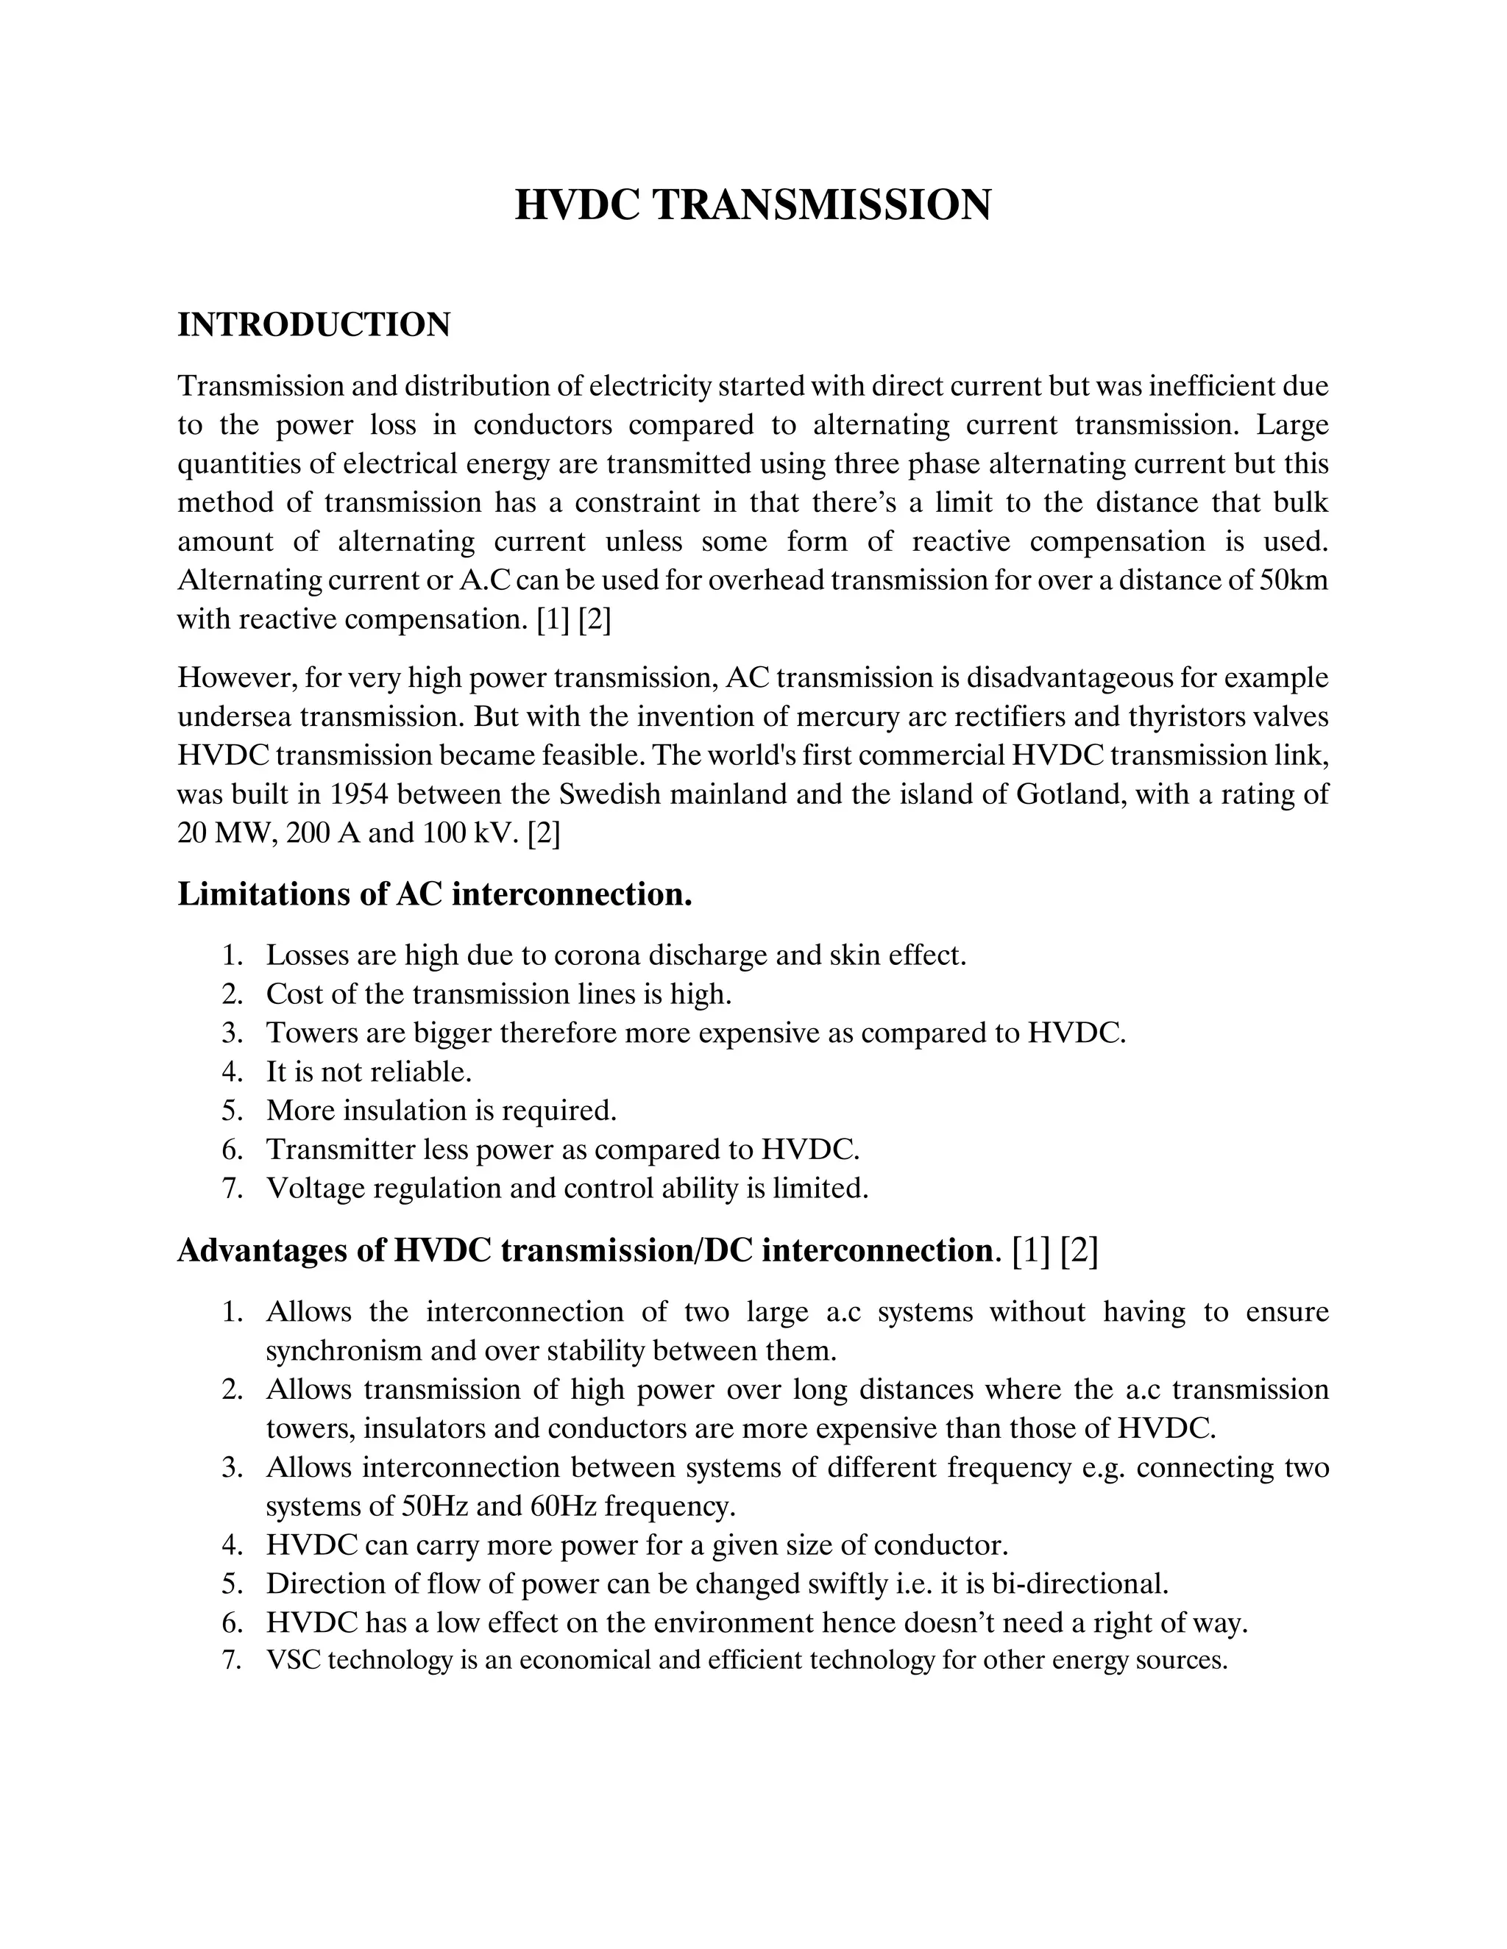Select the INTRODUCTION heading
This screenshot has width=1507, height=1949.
point(314,325)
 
